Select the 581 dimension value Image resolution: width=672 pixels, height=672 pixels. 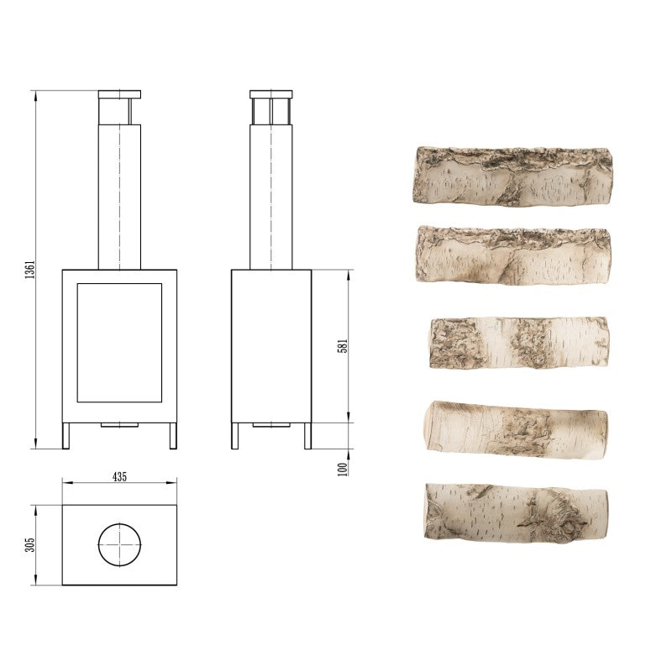pyautogui.click(x=343, y=345)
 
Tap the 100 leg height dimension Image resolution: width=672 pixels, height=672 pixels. pyautogui.click(x=343, y=468)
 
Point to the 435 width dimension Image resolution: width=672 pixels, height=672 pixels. pyautogui.click(x=119, y=476)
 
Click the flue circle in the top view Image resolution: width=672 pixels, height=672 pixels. pyautogui.click(x=119, y=544)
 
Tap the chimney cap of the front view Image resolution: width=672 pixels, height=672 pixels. pyautogui.click(x=119, y=94)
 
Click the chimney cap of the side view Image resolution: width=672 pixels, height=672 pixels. pyautogui.click(x=271, y=94)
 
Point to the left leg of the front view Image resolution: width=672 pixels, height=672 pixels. pyautogui.click(x=66, y=435)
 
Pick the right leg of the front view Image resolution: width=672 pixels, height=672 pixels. pyautogui.click(x=173, y=435)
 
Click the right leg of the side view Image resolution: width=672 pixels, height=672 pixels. pyautogui.click(x=307, y=435)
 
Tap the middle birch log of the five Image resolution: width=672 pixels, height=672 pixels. pyautogui.click(x=518, y=342)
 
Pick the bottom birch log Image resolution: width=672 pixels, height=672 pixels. pyautogui.click(x=516, y=513)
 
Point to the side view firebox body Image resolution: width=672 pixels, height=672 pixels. pyautogui.click(x=271, y=345)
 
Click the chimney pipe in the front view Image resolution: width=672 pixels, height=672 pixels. pyautogui.click(x=119, y=193)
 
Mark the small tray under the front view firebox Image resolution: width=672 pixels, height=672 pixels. pyautogui.click(x=119, y=425)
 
